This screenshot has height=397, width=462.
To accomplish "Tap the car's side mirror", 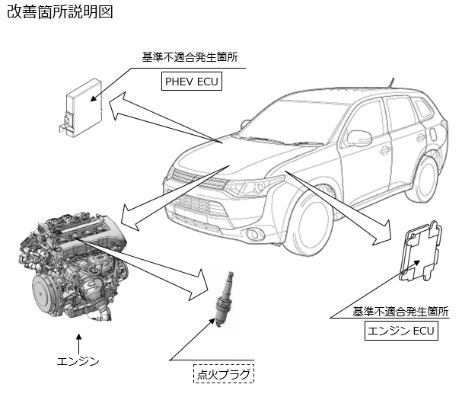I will (x=359, y=139).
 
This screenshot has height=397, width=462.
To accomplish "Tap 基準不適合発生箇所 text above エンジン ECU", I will (x=400, y=312).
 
